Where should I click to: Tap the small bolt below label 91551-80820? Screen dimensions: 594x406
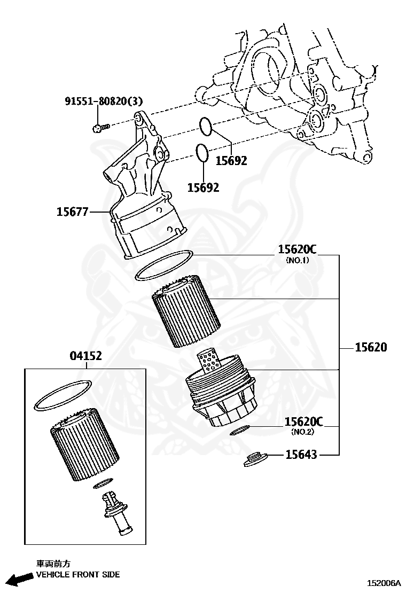point(100,127)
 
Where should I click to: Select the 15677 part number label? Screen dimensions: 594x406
point(72,212)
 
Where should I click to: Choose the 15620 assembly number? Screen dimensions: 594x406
point(371,347)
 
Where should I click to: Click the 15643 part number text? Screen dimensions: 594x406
point(301,455)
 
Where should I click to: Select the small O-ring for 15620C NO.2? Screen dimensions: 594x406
point(240,430)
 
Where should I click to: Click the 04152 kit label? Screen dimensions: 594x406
point(85,356)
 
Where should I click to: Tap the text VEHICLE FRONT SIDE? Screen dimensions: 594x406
point(77,575)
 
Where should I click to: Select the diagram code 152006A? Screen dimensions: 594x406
point(384,584)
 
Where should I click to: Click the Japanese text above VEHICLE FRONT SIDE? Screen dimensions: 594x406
point(53,564)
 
